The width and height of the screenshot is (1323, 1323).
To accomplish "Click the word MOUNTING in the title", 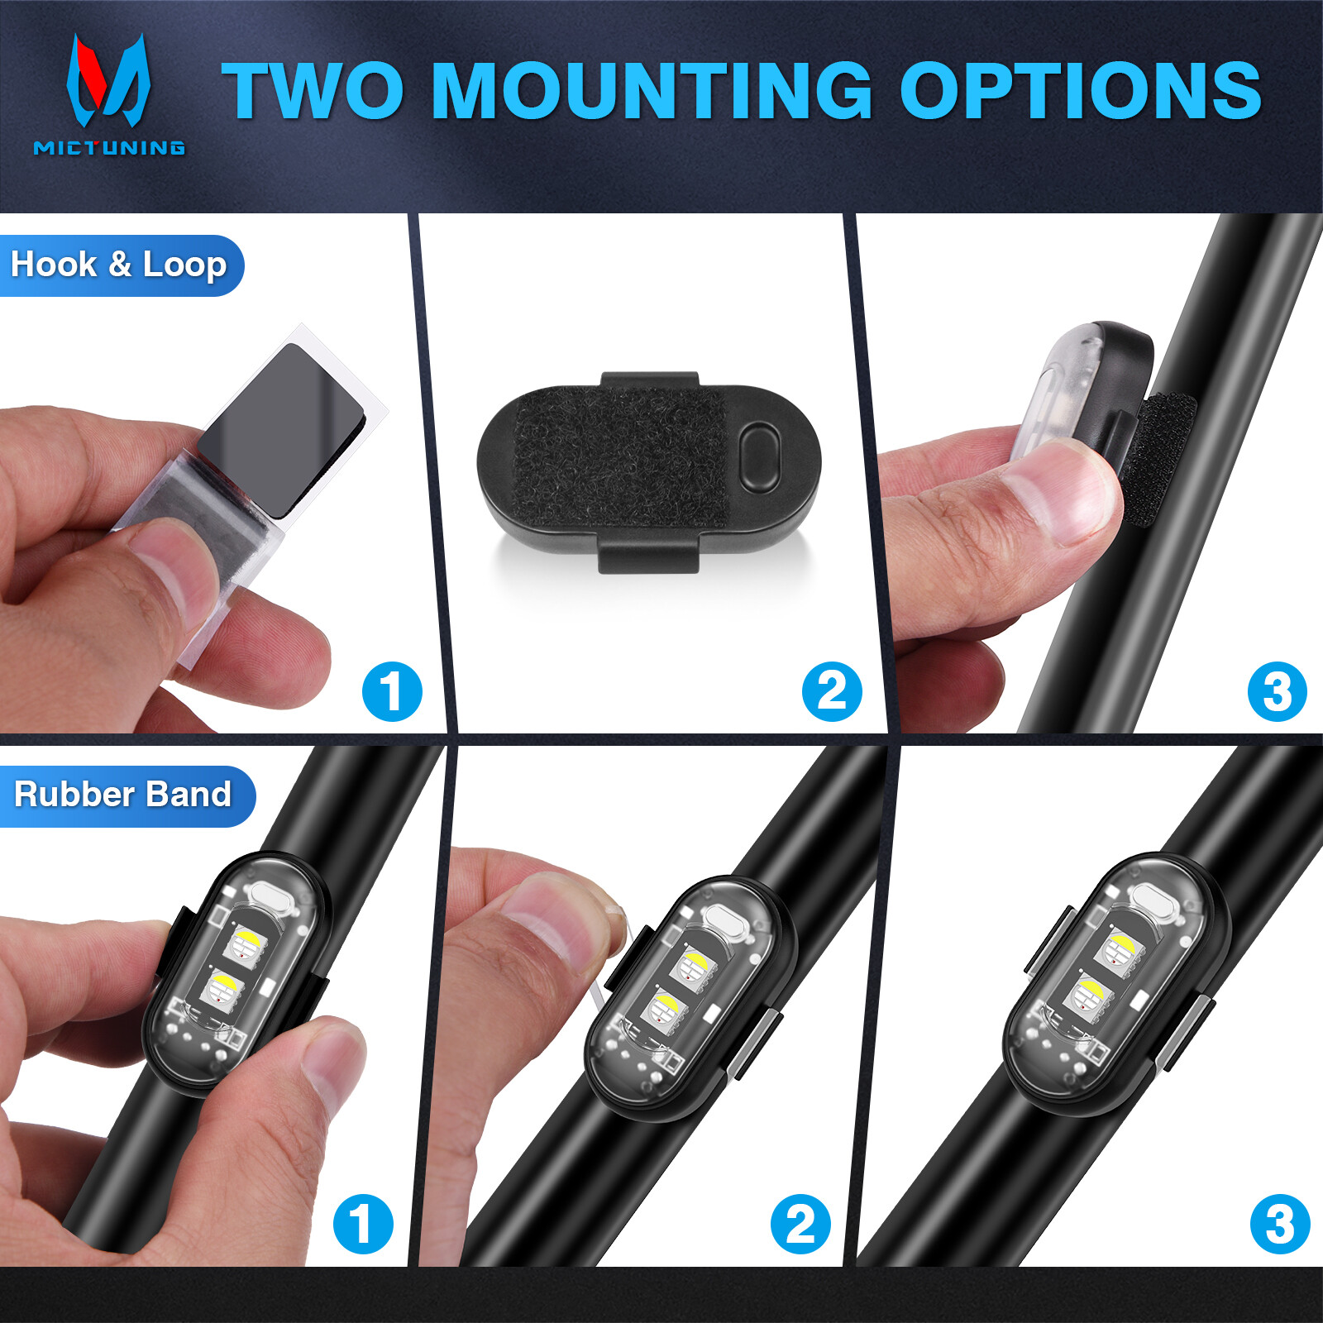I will [x=652, y=91].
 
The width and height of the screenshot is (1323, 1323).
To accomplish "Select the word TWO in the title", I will [x=313, y=91].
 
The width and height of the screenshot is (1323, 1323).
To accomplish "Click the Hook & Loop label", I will [x=119, y=265].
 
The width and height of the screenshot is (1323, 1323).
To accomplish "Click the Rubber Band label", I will [x=123, y=795].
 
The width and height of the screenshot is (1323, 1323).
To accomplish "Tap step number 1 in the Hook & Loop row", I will [x=392, y=691].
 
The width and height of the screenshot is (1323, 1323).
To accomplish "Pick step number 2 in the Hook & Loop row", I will [x=832, y=691].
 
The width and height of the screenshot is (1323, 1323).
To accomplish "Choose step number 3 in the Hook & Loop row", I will [x=1278, y=691].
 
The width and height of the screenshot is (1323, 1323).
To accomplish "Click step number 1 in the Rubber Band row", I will [x=363, y=1224].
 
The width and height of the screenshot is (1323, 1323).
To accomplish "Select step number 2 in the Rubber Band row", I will [x=800, y=1224].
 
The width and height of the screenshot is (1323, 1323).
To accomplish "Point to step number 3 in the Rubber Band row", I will [x=1280, y=1224].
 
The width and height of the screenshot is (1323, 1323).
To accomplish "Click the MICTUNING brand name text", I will [x=109, y=148].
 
